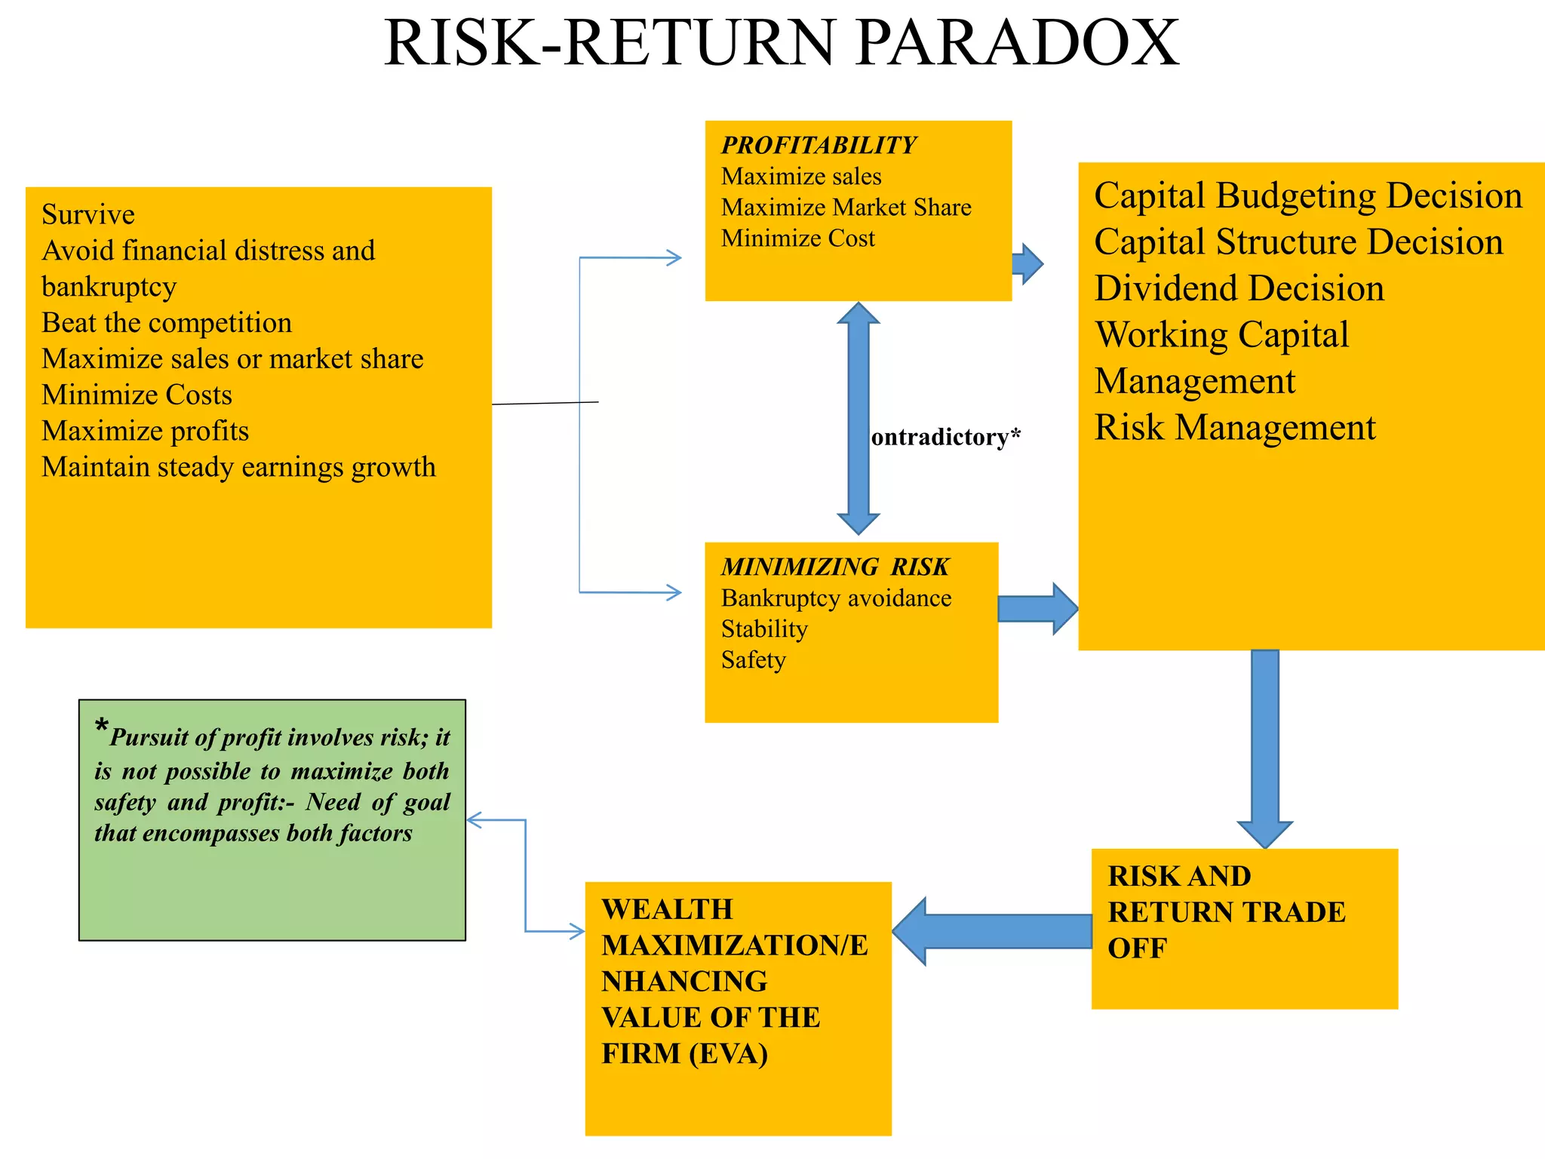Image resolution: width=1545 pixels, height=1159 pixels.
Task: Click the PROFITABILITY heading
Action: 819,145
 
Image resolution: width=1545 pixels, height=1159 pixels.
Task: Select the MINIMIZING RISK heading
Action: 834,567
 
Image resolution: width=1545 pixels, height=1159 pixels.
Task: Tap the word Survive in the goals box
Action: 88,215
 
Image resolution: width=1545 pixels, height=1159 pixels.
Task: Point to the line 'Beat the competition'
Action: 167,323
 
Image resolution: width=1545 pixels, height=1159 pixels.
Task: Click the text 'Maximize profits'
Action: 145,431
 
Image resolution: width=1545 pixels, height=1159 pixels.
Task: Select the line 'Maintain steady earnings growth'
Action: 238,467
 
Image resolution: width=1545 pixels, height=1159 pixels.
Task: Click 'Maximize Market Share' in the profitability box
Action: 846,208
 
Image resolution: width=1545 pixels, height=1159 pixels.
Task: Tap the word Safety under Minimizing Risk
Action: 753,660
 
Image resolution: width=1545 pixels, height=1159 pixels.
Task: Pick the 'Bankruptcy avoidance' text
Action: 836,598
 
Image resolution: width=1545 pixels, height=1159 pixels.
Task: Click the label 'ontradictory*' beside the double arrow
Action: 945,437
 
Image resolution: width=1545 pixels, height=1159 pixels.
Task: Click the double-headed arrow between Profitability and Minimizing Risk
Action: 859,419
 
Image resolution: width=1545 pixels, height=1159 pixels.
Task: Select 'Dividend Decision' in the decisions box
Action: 1239,289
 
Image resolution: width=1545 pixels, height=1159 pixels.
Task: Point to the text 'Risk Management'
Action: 1235,428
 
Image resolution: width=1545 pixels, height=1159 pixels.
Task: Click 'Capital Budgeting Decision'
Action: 1308,196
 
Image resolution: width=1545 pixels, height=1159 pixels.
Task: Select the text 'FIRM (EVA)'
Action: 684,1053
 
